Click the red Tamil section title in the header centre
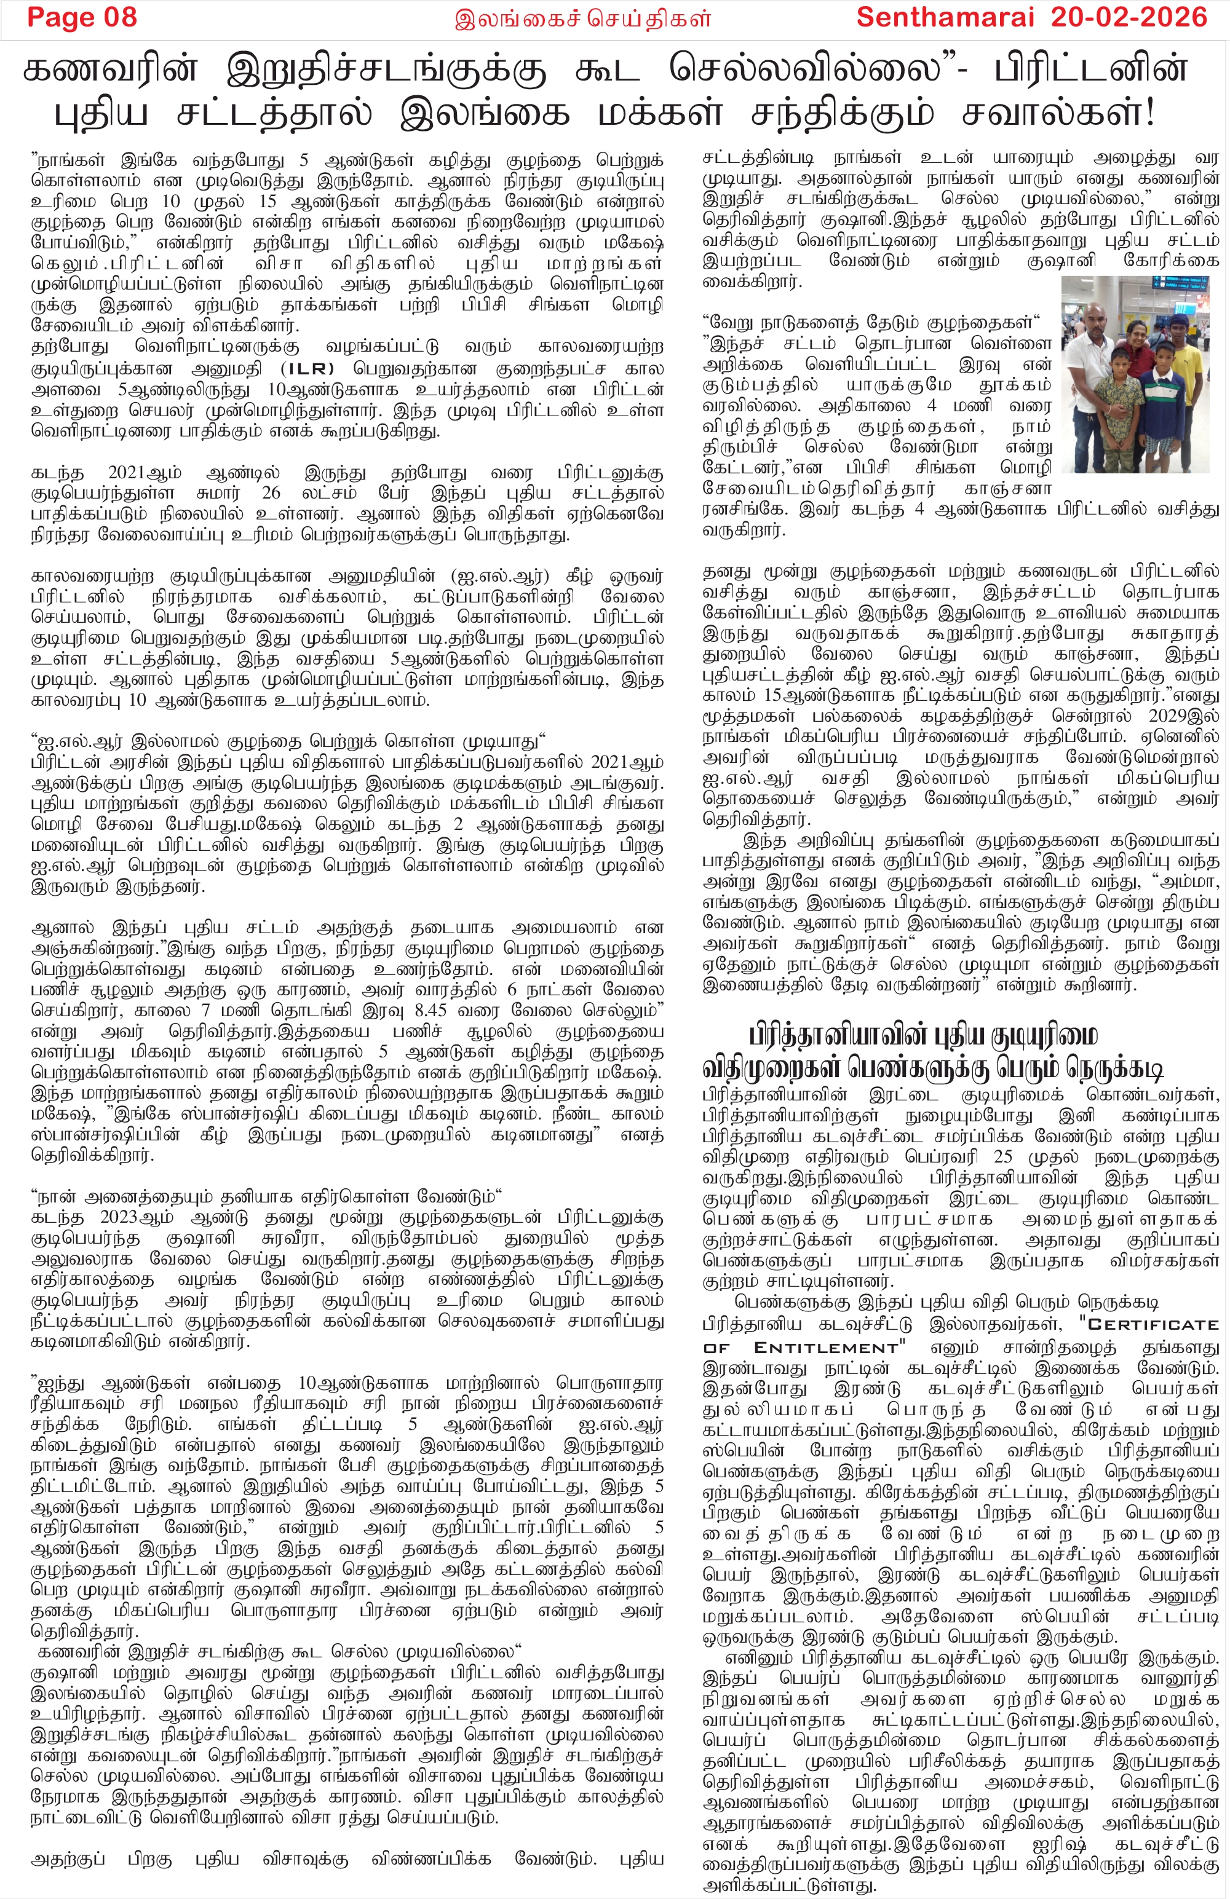pos(582,18)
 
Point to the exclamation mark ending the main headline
pos(1149,113)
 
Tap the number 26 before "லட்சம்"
pos(271,493)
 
